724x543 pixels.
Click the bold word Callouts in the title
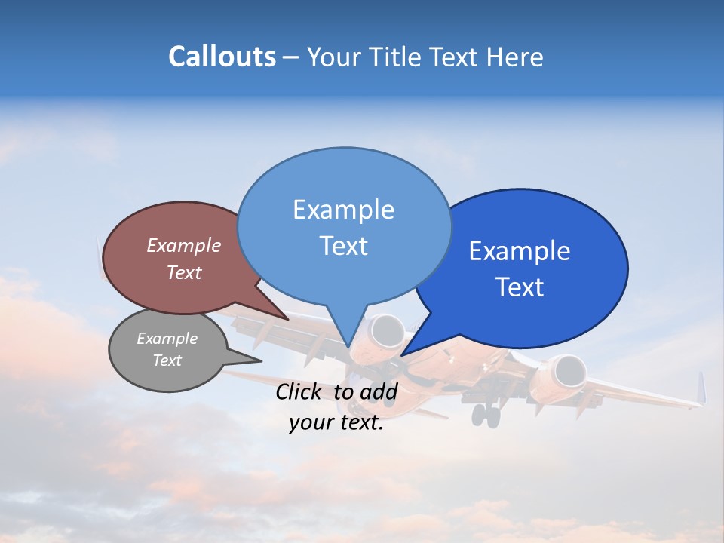(x=222, y=57)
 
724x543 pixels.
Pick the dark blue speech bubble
(x=528, y=268)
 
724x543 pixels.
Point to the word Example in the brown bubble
(x=183, y=245)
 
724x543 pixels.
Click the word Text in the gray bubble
(x=167, y=360)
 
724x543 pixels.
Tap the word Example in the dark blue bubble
(x=519, y=251)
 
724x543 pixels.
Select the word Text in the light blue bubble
(x=344, y=246)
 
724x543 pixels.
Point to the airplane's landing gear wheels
(x=486, y=414)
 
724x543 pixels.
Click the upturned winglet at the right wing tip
(x=701, y=388)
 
